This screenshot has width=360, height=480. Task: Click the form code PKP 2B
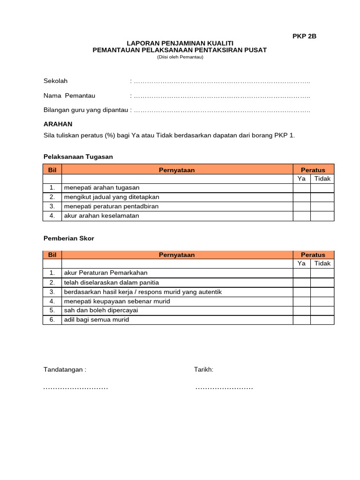coord(304,36)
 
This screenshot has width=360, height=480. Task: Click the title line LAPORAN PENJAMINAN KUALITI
coord(180,43)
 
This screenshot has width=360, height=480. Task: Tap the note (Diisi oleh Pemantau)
coord(180,57)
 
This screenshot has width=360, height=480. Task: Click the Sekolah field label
coord(55,81)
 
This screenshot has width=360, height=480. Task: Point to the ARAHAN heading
coord(58,124)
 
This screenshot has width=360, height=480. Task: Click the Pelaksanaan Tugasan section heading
coord(78,157)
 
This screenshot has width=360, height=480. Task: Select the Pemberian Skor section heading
coord(69,238)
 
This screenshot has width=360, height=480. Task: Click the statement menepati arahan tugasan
coord(102,188)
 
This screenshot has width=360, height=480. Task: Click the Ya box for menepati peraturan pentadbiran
coord(301,206)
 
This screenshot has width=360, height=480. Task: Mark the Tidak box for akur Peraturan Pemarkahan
coord(322,273)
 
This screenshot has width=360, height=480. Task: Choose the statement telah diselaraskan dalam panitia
coord(111,282)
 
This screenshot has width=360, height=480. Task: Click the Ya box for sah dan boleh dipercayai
coord(301,310)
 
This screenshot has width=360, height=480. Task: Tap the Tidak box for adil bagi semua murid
coord(322,320)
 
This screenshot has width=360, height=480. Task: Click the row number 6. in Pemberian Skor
coord(52,320)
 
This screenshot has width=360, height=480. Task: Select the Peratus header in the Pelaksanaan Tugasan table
coord(313,170)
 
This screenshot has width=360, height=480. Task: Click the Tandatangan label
coord(65,369)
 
